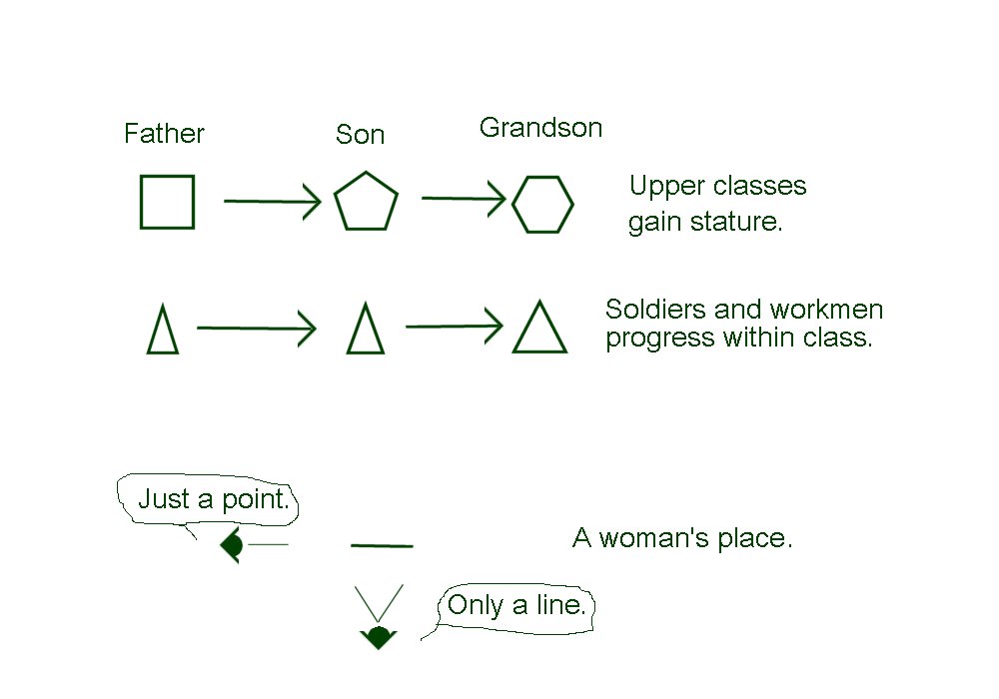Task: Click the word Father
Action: pos(164,134)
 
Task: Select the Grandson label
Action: pos(540,128)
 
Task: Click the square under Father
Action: pos(167,202)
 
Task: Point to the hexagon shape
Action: pos(542,204)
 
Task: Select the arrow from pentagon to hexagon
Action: pos(464,199)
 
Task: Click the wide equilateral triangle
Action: pos(539,329)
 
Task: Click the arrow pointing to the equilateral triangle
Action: pos(454,326)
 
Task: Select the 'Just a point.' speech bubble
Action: pos(212,498)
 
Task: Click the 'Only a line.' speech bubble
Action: pos(515,605)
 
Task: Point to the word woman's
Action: pos(658,539)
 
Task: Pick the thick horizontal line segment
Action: pos(382,545)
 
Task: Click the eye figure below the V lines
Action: pos(378,637)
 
